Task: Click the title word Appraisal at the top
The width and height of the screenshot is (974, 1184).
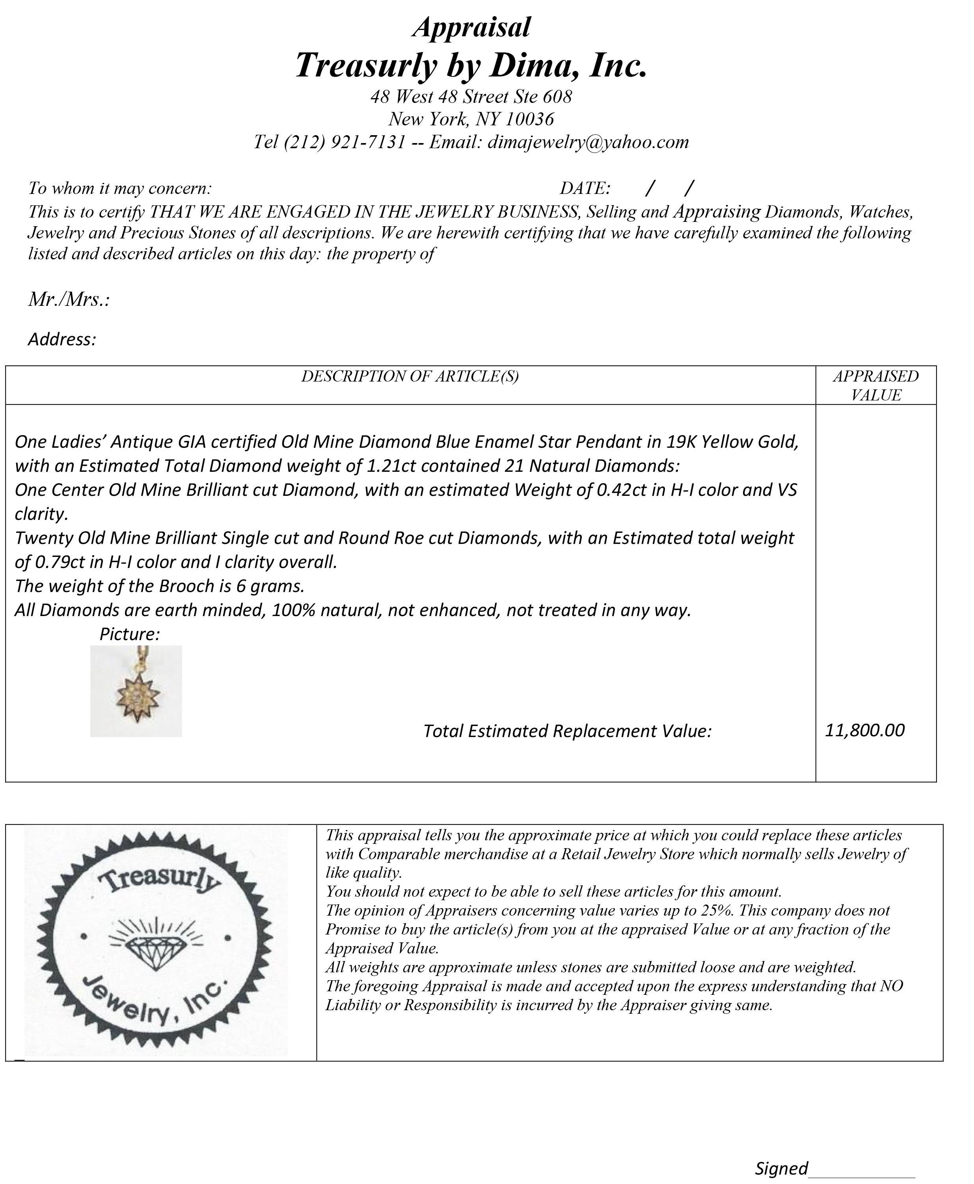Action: point(471,27)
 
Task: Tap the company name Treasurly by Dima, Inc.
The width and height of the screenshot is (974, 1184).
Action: point(471,65)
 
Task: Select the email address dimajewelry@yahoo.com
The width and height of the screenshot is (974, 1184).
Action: point(588,142)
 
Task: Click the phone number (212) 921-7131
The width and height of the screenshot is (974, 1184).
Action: point(345,142)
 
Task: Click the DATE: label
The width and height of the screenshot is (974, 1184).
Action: point(585,188)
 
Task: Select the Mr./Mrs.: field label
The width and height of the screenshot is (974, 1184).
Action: point(69,300)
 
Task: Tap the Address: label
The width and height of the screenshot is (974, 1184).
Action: point(62,339)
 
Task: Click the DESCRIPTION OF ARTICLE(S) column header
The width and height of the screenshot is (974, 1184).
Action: point(410,376)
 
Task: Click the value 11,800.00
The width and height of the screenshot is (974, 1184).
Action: point(864,730)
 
